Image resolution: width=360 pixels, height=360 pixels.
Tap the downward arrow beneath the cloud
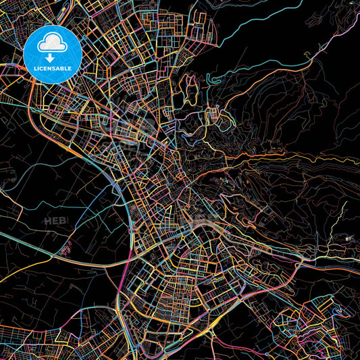tap(51, 57)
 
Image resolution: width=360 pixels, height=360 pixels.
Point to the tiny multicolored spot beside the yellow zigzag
tap(347, 237)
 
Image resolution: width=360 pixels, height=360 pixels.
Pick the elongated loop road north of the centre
tap(192, 88)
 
